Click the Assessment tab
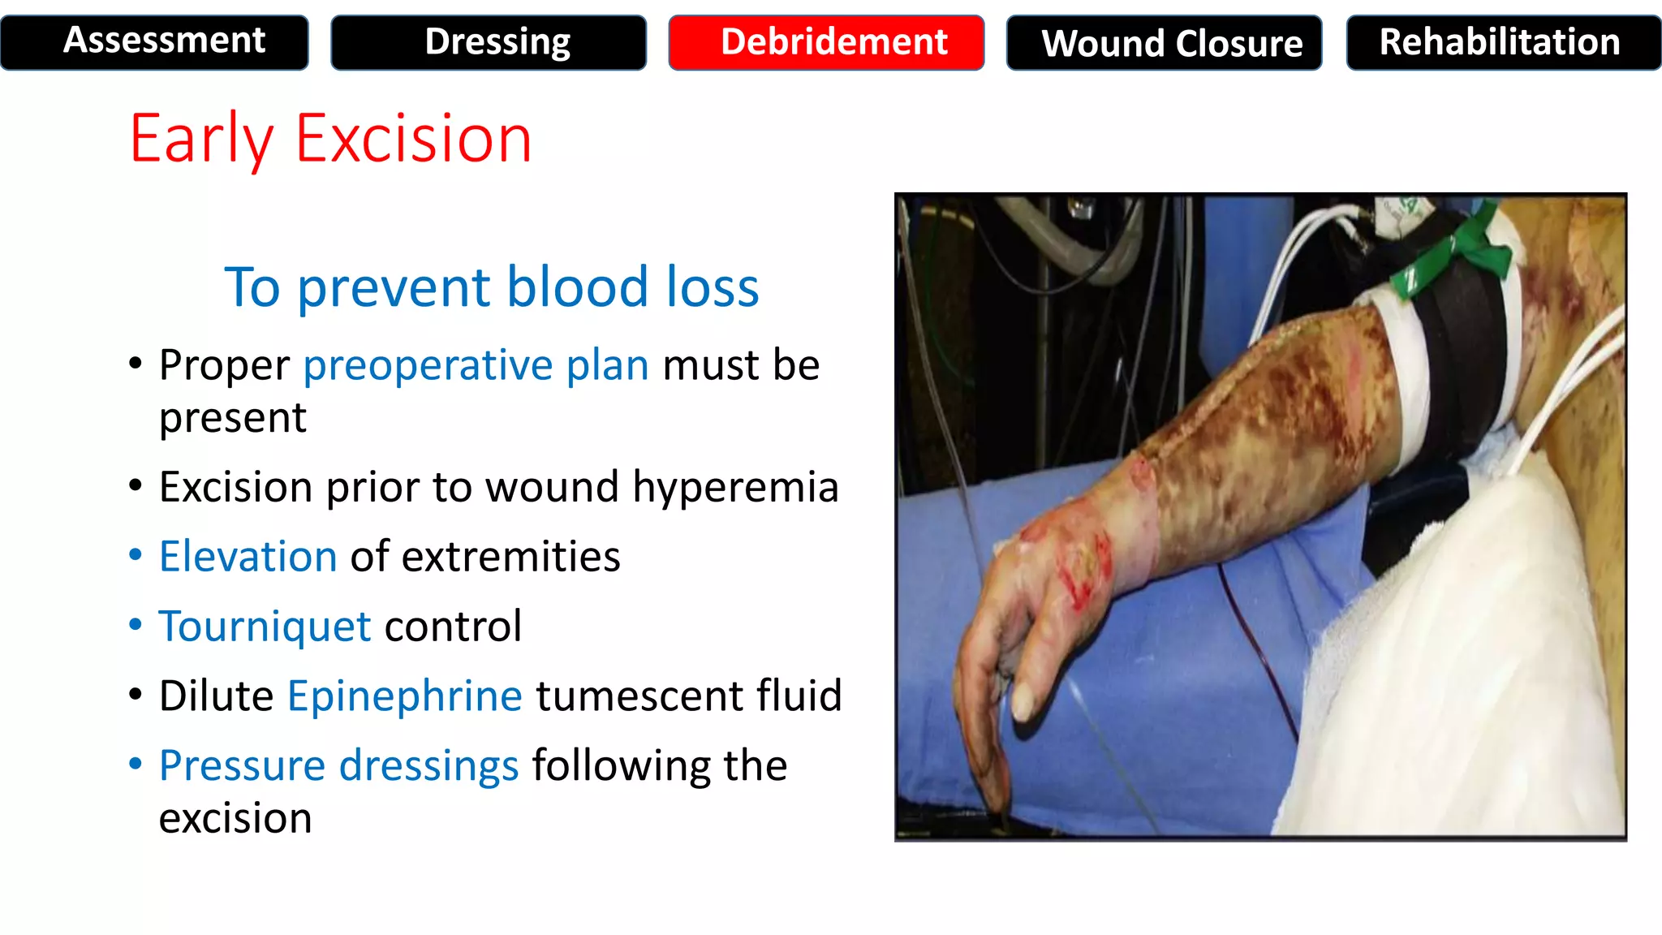[x=154, y=42]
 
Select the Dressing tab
[x=489, y=42]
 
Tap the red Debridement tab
[x=826, y=42]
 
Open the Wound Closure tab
[x=1164, y=42]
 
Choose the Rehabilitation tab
[x=1503, y=42]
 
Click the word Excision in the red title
[x=413, y=139]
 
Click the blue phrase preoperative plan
[x=476, y=364]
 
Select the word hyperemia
[x=734, y=487]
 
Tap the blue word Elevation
[x=248, y=557]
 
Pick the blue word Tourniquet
[x=265, y=627]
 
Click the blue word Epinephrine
[x=404, y=696]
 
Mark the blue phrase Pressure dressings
[x=338, y=765]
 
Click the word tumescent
[x=639, y=696]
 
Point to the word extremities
[x=510, y=557]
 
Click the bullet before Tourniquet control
[x=136, y=625]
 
